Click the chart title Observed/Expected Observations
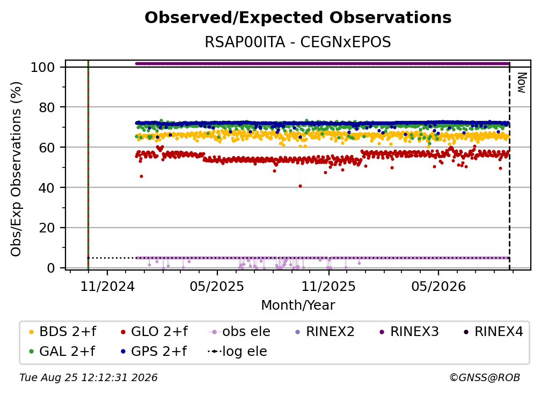pos(298,18)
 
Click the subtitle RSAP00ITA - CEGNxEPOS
pos(298,42)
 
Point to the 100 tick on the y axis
pos(43,67)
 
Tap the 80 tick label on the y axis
pos(47,107)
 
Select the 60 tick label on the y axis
pos(47,148)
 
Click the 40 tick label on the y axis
pos(47,188)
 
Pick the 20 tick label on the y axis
pos(47,228)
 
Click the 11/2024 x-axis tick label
pos(107,286)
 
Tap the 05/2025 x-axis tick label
pos(217,286)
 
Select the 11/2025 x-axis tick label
pos(328,286)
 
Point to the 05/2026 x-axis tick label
pos(438,286)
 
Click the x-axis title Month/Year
pos(298,305)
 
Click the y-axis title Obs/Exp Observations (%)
pos(16,169)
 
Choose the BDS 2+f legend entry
pos(62,332)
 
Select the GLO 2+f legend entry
pos(154,332)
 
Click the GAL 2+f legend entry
pos(62,351)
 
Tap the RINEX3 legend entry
pos(409,332)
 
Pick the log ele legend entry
pos(238,351)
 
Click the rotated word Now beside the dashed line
pos(522,83)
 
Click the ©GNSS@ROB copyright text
pos(485,378)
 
